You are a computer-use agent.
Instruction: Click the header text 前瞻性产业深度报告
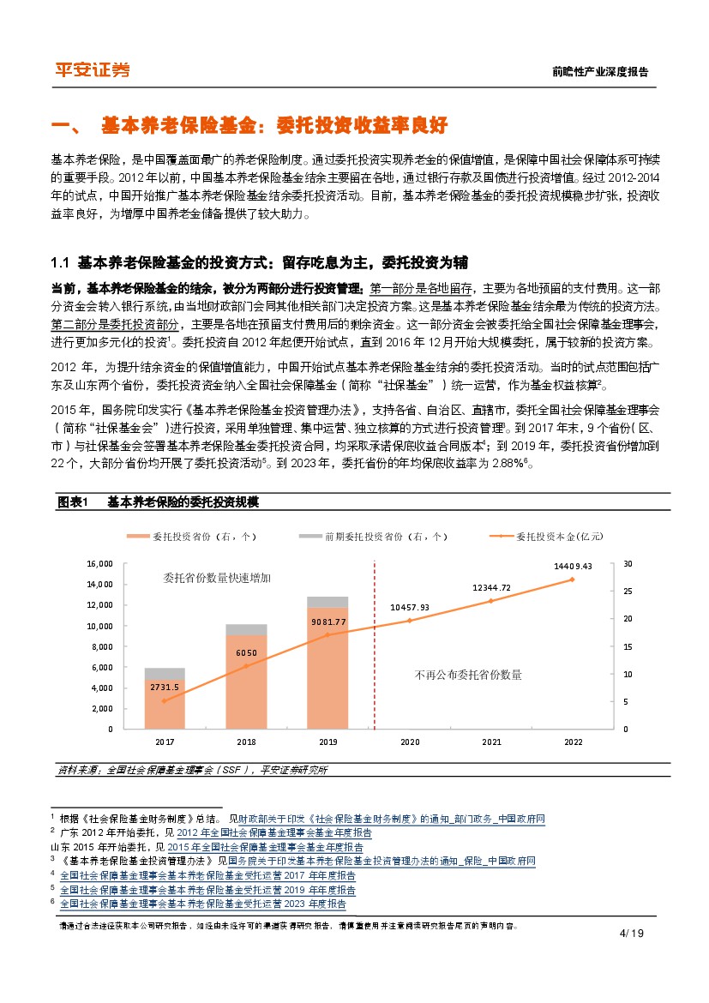pyautogui.click(x=600, y=72)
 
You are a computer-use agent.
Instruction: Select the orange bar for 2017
pyautogui.click(x=165, y=704)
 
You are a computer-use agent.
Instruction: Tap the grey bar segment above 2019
pyautogui.click(x=327, y=602)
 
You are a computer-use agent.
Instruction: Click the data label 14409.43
pyautogui.click(x=574, y=566)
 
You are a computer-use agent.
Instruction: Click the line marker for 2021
pyautogui.click(x=491, y=601)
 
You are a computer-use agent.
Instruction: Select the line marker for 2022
pyautogui.click(x=572, y=580)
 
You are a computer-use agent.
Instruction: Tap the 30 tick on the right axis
pyautogui.click(x=628, y=564)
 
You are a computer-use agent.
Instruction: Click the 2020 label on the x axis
pyautogui.click(x=410, y=742)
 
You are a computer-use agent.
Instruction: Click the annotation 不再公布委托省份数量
pyautogui.click(x=467, y=675)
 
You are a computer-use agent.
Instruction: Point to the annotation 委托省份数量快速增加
pyautogui.click(x=217, y=579)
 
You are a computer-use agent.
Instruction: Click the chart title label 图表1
pyautogui.click(x=73, y=502)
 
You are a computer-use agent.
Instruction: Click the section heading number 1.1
pyautogui.click(x=60, y=261)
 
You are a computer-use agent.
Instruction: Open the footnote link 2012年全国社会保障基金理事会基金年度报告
pyautogui.click(x=274, y=832)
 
